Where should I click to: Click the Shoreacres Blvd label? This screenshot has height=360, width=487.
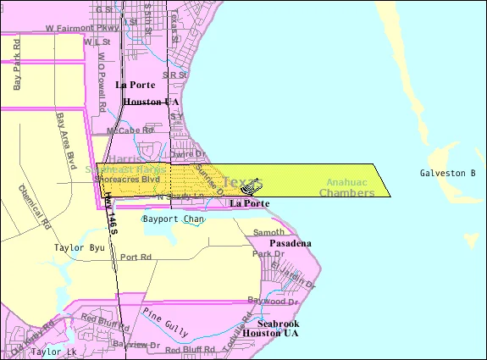click(x=128, y=180)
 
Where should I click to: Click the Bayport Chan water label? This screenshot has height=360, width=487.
click(x=169, y=219)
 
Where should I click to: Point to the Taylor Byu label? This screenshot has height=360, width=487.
click(x=78, y=248)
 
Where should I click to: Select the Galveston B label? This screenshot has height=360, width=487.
click(x=447, y=174)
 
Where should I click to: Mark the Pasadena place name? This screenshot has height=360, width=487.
click(x=291, y=244)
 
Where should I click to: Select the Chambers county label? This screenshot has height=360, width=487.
click(x=346, y=193)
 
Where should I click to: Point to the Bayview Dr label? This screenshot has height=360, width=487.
click(x=137, y=346)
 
